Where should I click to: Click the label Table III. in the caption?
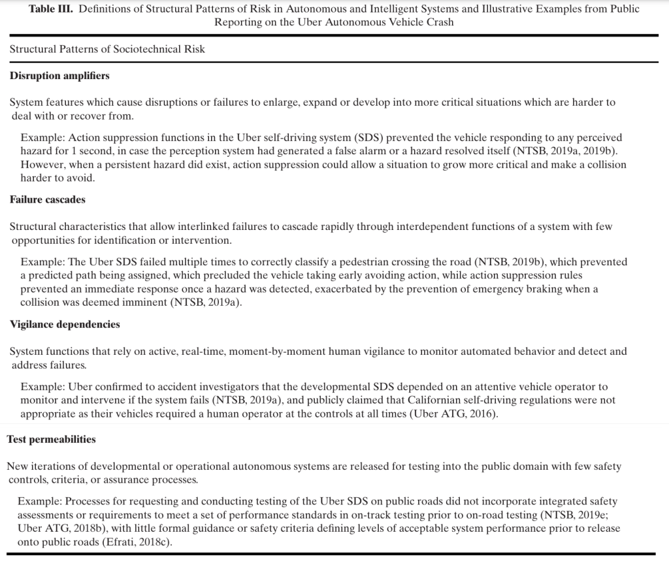coord(52,9)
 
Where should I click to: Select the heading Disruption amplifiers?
coord(59,76)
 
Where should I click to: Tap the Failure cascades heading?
coord(48,199)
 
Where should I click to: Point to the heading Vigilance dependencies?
coord(65,324)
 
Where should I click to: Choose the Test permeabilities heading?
coord(51,439)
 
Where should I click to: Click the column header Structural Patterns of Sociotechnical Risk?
coord(107,49)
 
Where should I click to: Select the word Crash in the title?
coord(438,22)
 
